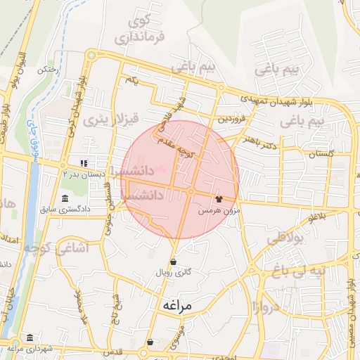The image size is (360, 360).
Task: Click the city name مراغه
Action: point(176,306)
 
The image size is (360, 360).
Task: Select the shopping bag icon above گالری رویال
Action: point(173,262)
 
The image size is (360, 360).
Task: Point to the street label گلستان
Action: point(321,153)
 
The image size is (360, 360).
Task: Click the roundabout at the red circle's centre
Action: point(191,191)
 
